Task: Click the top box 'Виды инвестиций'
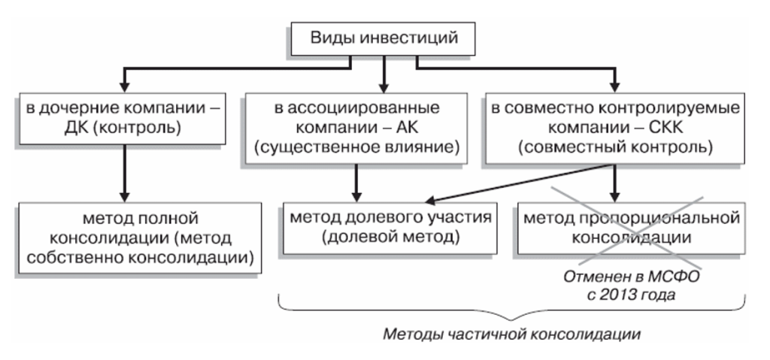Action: click(384, 37)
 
